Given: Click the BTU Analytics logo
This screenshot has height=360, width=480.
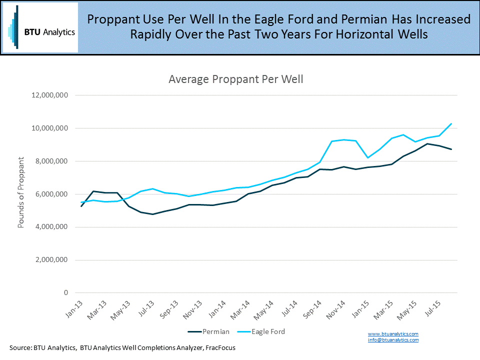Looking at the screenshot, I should [x=40, y=28].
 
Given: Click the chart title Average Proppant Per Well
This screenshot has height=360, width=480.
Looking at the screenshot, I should [x=236, y=79].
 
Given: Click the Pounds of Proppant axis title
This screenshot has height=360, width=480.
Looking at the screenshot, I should [x=21, y=192].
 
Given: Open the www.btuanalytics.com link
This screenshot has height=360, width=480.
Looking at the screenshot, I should [x=393, y=333].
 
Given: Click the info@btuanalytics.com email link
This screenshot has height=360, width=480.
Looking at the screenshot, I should [x=393, y=339].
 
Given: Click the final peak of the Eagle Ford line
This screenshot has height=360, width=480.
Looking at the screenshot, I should [x=451, y=123].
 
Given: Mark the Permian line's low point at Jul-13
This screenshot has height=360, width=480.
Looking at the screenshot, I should [x=153, y=214].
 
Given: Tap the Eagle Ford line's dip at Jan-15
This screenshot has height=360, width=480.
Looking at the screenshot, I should [x=368, y=158].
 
